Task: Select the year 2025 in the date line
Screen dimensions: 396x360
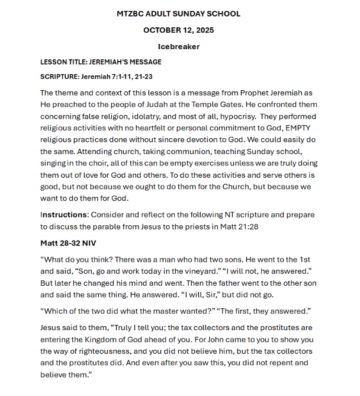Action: [x=202, y=30]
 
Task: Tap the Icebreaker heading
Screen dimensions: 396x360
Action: [x=179, y=46]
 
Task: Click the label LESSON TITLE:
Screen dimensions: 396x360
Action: [x=66, y=62]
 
